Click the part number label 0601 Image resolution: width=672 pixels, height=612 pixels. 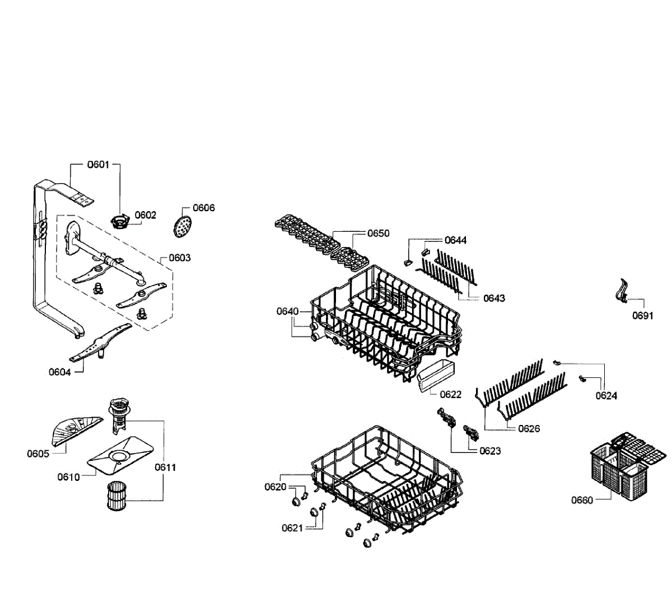click(98, 165)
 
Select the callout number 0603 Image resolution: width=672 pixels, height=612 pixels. click(179, 258)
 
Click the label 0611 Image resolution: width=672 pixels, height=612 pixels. click(166, 467)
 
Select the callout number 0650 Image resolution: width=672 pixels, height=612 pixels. click(378, 233)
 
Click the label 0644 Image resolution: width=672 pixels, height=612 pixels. click(455, 240)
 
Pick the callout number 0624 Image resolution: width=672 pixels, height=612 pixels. click(606, 396)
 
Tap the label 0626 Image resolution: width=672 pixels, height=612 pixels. click(529, 428)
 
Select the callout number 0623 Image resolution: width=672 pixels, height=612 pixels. click(490, 451)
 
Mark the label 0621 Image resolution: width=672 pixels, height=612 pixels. click(292, 528)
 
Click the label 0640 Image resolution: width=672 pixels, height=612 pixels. click(287, 311)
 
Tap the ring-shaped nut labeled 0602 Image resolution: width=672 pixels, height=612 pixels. click(119, 221)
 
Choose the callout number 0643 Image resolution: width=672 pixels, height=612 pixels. click(494, 298)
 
